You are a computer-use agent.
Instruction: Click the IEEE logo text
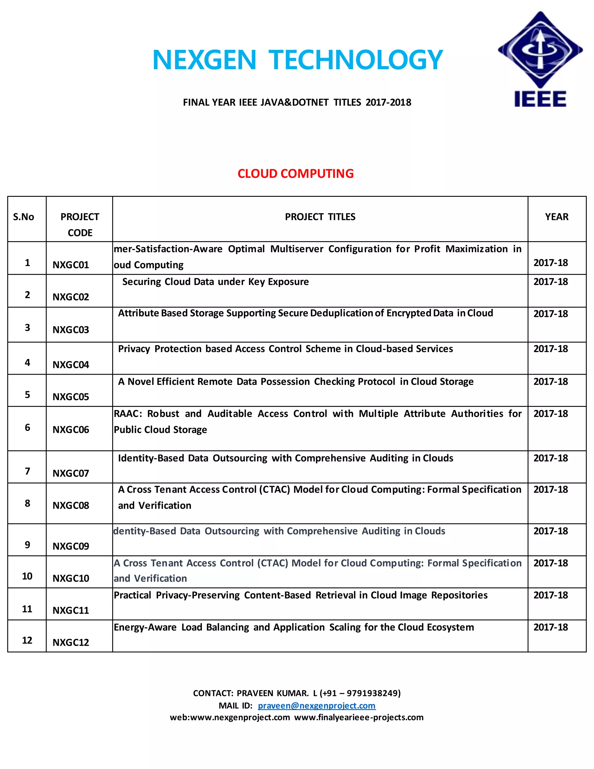(540, 99)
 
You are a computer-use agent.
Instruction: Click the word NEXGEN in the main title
(204, 60)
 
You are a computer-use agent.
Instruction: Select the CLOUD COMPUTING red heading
(295, 174)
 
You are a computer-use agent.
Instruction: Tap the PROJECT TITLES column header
(320, 217)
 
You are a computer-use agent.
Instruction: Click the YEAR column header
(556, 217)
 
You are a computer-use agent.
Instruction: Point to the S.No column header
(23, 217)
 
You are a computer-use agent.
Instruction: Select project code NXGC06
(71, 429)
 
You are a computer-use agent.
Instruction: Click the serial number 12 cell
(27, 640)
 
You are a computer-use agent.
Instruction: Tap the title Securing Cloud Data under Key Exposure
(215, 282)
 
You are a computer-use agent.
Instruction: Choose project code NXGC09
(71, 546)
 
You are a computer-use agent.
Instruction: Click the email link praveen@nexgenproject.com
(316, 706)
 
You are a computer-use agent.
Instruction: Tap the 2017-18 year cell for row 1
(550, 263)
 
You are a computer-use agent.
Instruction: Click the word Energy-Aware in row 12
(145, 627)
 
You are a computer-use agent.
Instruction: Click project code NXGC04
(71, 365)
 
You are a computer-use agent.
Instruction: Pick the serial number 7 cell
(27, 471)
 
